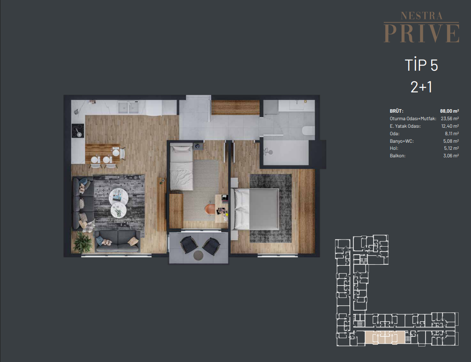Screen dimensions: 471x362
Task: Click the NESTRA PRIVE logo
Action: click(x=421, y=27)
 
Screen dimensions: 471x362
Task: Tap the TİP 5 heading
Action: click(x=421, y=65)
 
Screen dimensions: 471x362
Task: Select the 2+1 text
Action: click(x=421, y=87)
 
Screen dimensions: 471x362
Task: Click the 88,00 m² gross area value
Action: click(x=449, y=111)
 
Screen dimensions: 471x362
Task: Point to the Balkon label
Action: click(x=398, y=156)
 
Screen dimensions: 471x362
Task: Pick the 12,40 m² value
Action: click(x=450, y=126)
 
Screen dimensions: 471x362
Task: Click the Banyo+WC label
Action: click(x=402, y=141)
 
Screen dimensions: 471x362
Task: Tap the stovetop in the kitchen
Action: click(x=77, y=131)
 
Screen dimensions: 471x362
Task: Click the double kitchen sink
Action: click(x=128, y=108)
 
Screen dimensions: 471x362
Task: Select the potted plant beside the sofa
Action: click(x=83, y=242)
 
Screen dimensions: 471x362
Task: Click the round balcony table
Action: click(x=198, y=255)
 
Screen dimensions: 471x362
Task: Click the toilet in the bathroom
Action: click(x=308, y=130)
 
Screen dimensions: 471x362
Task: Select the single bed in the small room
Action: click(x=181, y=167)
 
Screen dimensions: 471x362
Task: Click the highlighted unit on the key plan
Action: click(x=385, y=337)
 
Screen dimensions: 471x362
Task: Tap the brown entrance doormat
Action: click(x=235, y=107)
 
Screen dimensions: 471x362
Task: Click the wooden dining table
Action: click(x=102, y=153)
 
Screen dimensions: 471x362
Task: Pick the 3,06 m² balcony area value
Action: click(x=451, y=156)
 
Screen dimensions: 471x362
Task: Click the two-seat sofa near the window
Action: click(x=117, y=241)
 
